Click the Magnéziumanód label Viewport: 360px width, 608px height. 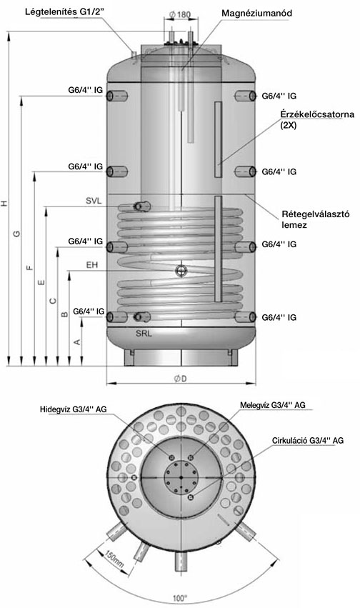[256, 13]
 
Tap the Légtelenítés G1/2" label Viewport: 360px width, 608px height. [64, 12]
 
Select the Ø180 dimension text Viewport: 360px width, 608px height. [180, 15]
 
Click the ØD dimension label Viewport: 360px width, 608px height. [180, 379]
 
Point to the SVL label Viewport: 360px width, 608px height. [94, 201]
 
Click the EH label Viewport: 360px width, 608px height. [92, 265]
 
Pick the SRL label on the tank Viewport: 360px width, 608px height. [144, 334]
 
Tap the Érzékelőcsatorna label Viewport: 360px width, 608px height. [317, 114]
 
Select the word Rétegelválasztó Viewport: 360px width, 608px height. [316, 214]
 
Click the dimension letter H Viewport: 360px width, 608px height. [4, 203]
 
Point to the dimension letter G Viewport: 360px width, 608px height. [16, 234]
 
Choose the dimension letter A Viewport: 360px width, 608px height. [77, 342]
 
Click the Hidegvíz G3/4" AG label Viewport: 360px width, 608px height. [74, 409]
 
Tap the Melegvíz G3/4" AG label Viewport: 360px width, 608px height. [272, 405]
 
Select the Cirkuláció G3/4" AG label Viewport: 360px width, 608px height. [308, 441]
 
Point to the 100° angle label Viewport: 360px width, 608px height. [180, 598]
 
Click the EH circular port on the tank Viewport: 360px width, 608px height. [181, 270]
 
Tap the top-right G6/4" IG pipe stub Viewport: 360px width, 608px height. [245, 96]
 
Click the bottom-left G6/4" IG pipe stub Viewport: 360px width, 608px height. [116, 317]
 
